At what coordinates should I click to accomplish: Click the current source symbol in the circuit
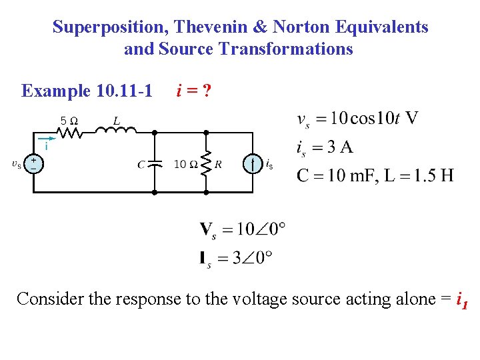coord(253,163)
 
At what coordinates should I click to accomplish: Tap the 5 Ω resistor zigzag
coord(71,133)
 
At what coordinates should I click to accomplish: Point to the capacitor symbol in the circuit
coord(155,163)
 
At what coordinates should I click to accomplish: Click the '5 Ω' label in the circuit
coord(69,121)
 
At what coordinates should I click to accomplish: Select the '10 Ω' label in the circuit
coord(185,164)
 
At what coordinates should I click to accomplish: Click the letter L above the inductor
coord(117,121)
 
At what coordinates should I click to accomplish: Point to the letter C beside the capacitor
coord(142,164)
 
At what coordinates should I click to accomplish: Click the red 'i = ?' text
coord(193,90)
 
